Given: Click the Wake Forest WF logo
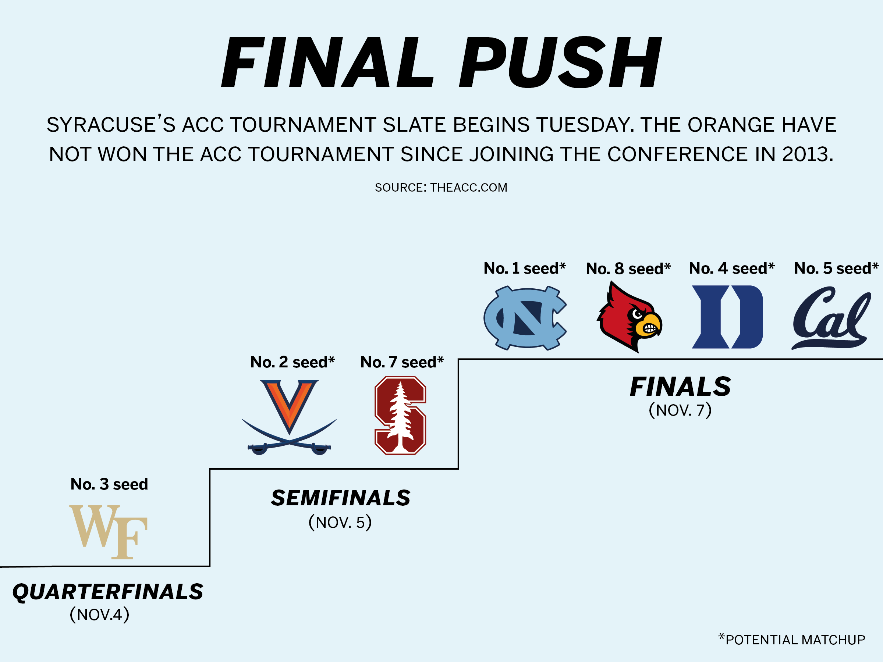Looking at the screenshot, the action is (109, 532).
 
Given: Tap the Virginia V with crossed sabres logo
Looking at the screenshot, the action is (290, 417).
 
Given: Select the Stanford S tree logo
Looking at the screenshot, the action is (400, 415).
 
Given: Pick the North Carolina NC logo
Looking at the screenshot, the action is (525, 318).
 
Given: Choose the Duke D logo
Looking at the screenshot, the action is (727, 317).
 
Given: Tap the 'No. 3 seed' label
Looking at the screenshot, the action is (109, 484).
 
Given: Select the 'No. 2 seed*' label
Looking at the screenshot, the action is (292, 362).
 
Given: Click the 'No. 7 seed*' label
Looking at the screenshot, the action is (402, 362).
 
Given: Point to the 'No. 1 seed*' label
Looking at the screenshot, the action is (525, 268).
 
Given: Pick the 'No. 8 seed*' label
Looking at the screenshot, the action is (628, 268).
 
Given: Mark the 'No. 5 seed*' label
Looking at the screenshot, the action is (836, 268).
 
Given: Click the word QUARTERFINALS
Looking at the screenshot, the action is (108, 592).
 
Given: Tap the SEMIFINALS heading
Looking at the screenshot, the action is (340, 498).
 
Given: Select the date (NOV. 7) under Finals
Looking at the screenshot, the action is (680, 410).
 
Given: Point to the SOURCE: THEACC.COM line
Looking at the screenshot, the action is (441, 188).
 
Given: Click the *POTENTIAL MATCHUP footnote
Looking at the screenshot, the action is (792, 639).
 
